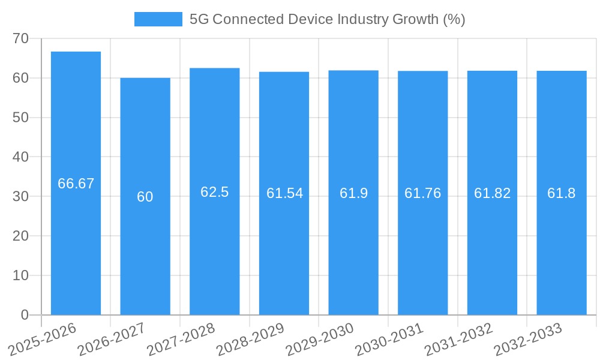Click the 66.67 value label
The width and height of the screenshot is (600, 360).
pyautogui.click(x=76, y=184)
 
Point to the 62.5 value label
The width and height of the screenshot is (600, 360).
pyautogui.click(x=215, y=192)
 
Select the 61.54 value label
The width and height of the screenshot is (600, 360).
pyautogui.click(x=284, y=193)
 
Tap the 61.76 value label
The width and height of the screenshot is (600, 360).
pyautogui.click(x=423, y=193)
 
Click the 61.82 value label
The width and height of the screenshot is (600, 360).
pyautogui.click(x=493, y=193)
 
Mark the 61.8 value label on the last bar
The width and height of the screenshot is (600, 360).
pyautogui.click(x=562, y=193)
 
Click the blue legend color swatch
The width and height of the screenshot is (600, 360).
pyautogui.click(x=158, y=19)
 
